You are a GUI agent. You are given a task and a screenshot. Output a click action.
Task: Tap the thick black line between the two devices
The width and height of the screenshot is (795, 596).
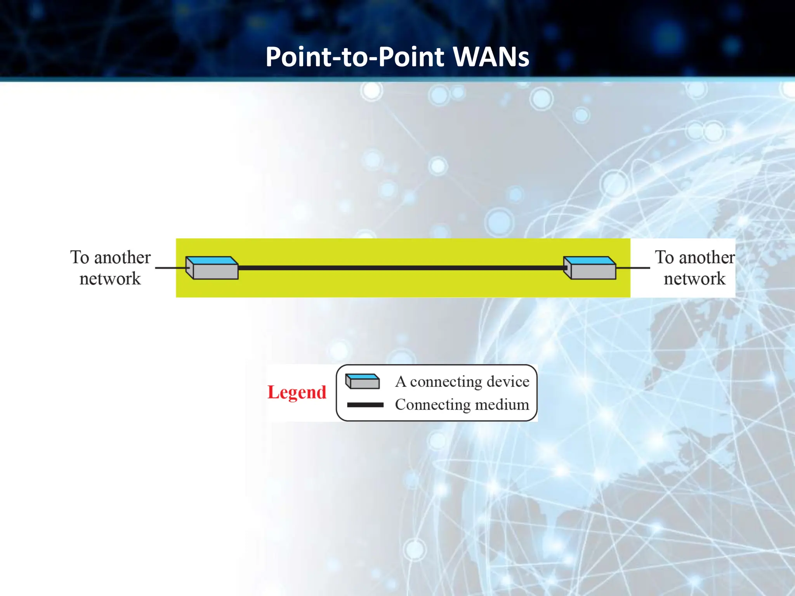click(400, 268)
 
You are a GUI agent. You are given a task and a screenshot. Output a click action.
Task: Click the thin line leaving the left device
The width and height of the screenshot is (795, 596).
click(169, 268)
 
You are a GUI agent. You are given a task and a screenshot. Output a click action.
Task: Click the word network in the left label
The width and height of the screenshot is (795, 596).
click(110, 279)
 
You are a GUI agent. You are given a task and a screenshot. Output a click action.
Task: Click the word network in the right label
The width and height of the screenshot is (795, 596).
click(694, 279)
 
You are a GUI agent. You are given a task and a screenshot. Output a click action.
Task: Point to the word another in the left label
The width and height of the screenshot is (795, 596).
click(122, 258)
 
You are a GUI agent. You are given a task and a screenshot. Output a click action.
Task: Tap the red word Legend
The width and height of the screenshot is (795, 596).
click(297, 392)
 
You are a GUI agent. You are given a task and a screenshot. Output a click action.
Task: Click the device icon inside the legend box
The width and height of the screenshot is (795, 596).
click(363, 381)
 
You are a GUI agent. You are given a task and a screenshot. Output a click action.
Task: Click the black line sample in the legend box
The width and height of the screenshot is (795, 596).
click(365, 405)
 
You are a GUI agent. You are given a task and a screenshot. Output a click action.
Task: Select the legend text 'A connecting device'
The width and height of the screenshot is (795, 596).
click(462, 382)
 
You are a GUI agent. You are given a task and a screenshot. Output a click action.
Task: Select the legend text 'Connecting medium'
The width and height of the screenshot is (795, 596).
click(462, 405)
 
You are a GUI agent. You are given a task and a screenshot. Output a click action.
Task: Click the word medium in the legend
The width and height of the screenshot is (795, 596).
click(502, 405)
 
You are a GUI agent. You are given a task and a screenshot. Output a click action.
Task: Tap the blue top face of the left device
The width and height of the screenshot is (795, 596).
click(212, 260)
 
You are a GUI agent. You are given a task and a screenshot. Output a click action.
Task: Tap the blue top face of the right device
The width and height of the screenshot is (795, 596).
click(590, 260)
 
